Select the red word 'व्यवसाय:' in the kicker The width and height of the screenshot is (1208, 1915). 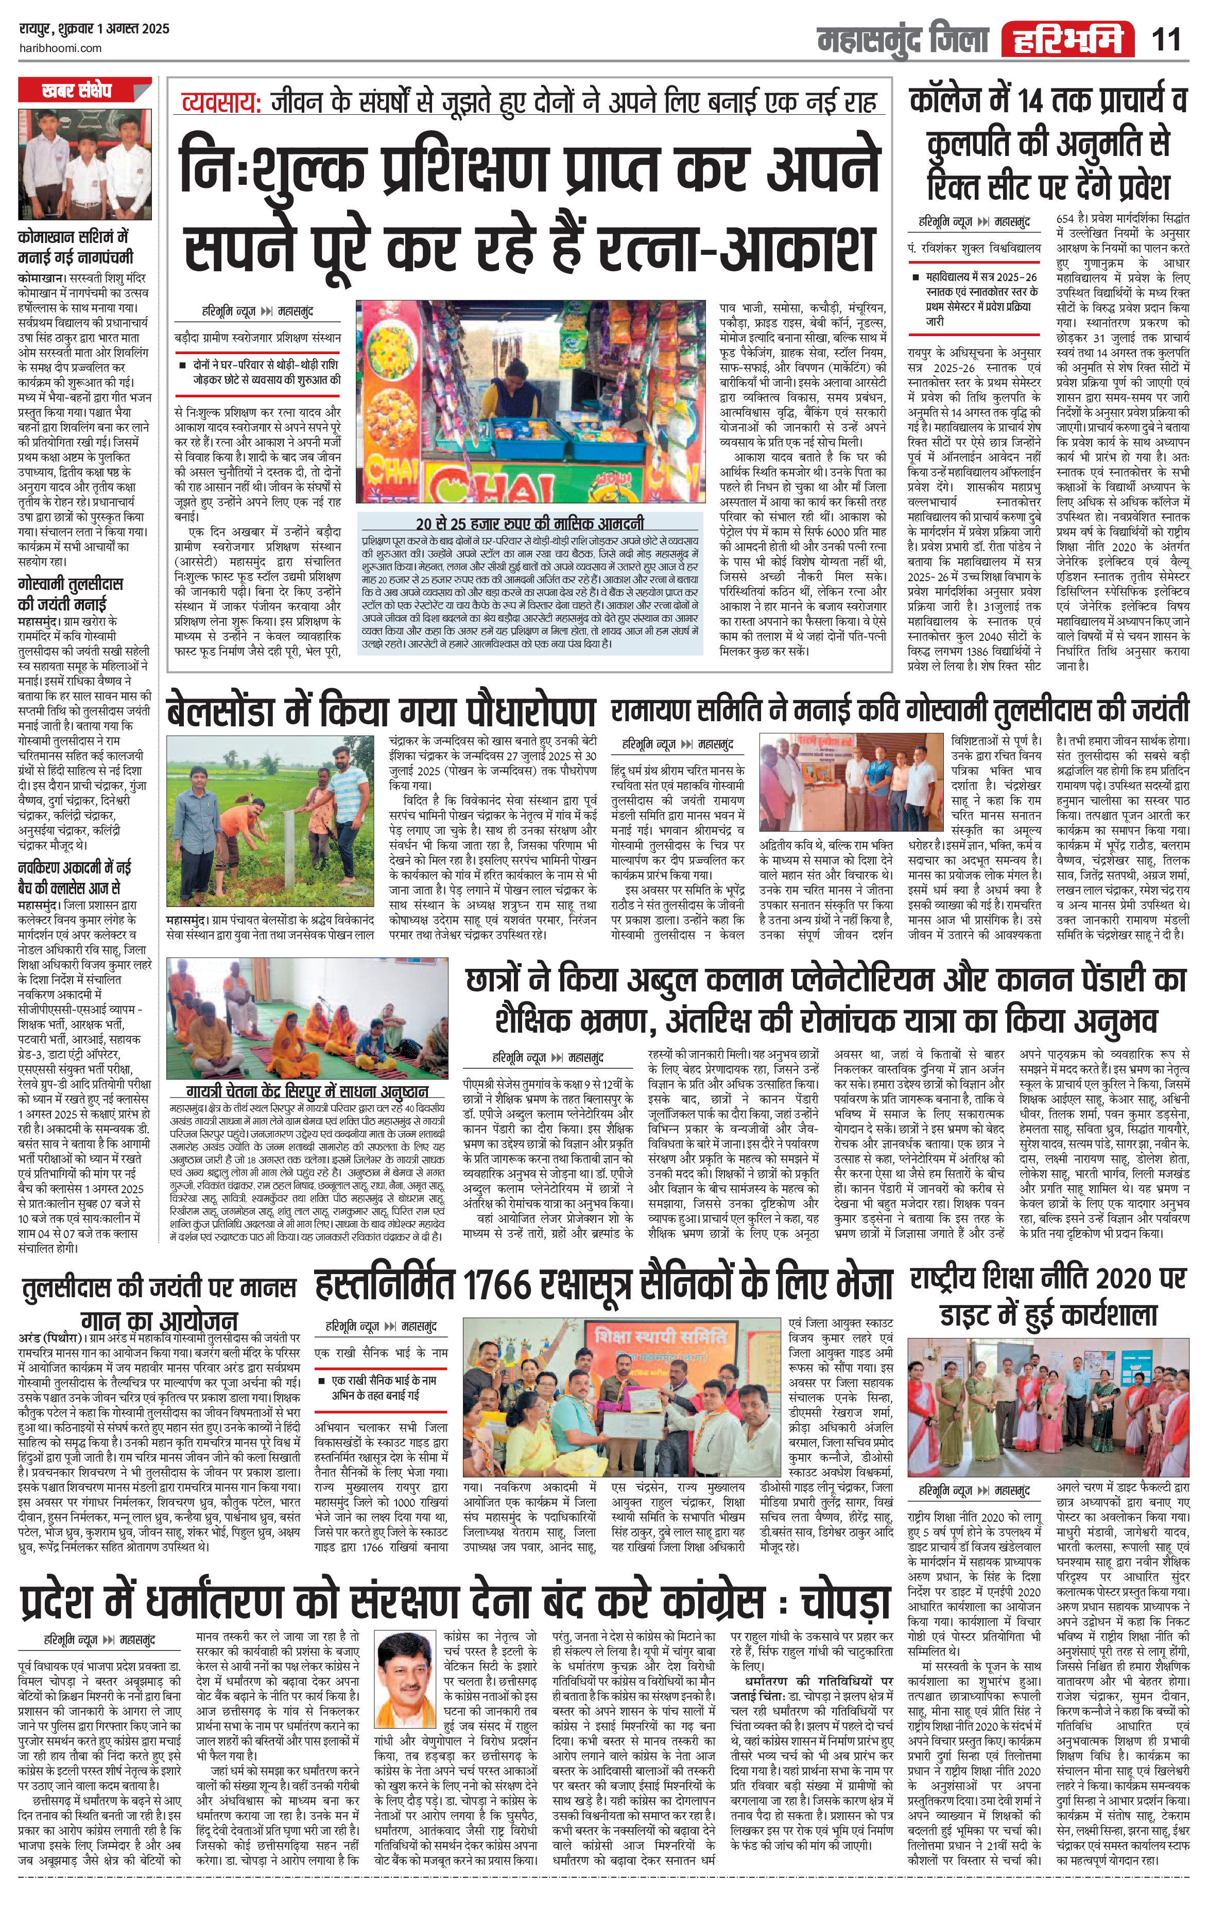point(220,102)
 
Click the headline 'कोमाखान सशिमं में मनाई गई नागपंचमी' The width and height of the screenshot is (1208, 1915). point(76,247)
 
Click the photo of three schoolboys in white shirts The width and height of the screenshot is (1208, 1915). point(83,165)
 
